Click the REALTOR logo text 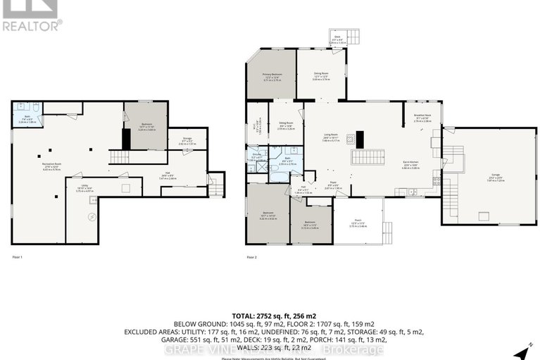click(32, 26)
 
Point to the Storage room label click(187, 139)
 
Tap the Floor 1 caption click(18, 257)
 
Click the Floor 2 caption click(251, 257)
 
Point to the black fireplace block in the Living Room click(358, 137)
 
